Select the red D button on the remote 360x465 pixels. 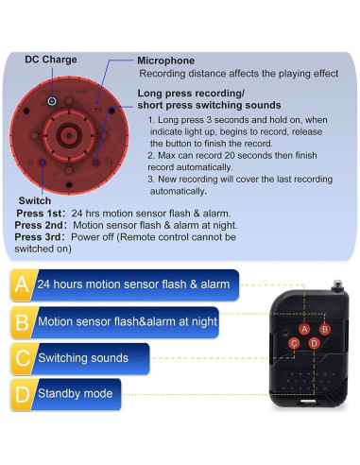pos(314,343)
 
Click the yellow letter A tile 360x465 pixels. pos(22,284)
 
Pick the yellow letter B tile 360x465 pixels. pos(22,321)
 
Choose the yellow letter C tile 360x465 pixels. pos(22,358)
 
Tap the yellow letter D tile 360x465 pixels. pos(22,393)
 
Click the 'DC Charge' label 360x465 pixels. pos(51,59)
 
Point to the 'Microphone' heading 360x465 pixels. pos(165,60)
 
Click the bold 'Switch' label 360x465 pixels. pos(35,200)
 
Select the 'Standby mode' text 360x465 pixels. pos(75,393)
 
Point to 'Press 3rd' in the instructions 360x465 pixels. pos(41,238)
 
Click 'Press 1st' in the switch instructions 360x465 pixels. pos(41,213)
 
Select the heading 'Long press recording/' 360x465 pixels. pos(190,93)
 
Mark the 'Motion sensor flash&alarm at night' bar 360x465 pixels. pos(127,321)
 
